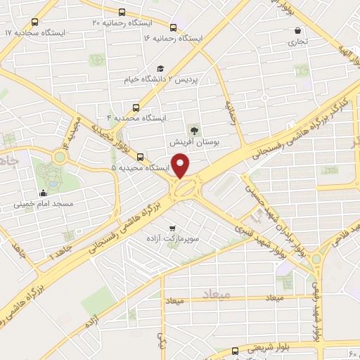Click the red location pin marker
(x=181, y=166)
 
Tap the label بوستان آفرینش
(x=195, y=142)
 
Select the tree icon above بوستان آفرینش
(x=195, y=129)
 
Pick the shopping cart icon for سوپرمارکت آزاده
(x=172, y=228)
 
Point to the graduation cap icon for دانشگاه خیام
(x=160, y=68)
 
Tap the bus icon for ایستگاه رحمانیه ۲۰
(x=123, y=12)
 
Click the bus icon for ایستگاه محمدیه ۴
(x=136, y=107)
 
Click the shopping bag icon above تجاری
(x=300, y=31)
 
